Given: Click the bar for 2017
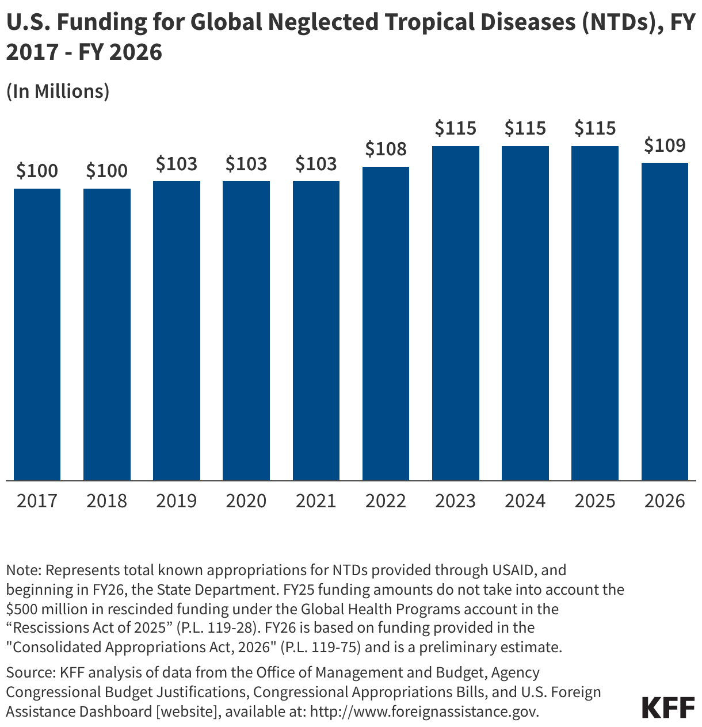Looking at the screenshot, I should (37, 334).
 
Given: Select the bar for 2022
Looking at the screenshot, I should (386, 323).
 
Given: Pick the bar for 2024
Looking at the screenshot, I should (525, 313).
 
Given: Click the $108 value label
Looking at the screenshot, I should (386, 150).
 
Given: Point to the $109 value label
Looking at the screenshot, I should (665, 146).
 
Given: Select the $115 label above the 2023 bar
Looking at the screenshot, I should (455, 128).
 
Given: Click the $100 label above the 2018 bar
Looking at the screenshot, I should (106, 171).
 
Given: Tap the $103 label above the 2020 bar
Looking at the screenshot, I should (246, 164).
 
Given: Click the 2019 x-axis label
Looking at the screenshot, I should (176, 501).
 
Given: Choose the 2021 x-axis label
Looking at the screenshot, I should (316, 501).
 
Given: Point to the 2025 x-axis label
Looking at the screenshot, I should (595, 501).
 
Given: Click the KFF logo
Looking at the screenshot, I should (667, 707).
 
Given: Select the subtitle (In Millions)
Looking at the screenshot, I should (58, 91).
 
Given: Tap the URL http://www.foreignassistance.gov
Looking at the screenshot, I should (424, 711).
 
